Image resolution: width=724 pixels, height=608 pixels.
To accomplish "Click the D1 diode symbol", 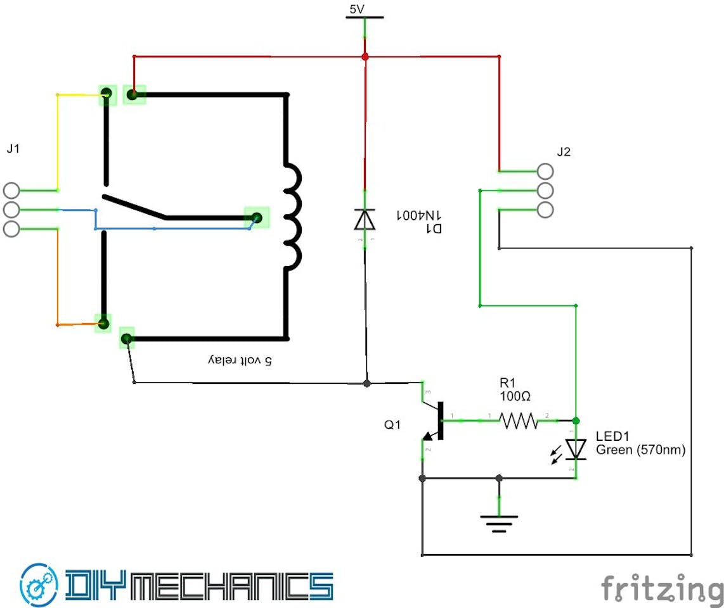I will coord(365,219).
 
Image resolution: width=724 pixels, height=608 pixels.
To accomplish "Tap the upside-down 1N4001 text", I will coord(418,215).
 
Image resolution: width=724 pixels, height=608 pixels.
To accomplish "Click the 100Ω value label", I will coord(515,396).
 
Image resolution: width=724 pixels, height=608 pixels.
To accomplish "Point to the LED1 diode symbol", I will coord(576,448).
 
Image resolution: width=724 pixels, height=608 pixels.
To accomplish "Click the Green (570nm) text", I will coord(640,450).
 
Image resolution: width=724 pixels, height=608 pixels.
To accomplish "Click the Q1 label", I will coord(392,426).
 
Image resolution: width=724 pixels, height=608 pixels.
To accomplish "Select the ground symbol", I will coord(500,523).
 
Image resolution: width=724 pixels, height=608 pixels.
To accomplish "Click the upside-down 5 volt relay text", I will coord(240,360).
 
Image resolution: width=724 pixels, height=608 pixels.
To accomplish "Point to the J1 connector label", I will coord(13,149).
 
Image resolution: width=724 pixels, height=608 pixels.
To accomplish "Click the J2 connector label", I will coord(564,152).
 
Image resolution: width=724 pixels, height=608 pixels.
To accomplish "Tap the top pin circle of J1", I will coord(11,190).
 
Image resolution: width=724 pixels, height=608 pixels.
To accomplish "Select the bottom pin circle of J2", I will coord(545,210).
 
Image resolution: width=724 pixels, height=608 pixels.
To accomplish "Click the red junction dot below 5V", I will coord(365,57).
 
